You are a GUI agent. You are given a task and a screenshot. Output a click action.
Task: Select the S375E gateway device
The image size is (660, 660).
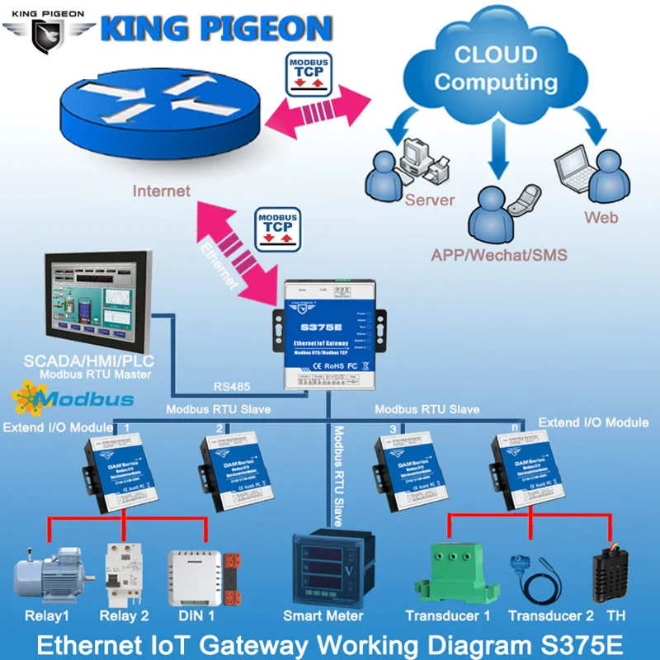pyautogui.click(x=330, y=334)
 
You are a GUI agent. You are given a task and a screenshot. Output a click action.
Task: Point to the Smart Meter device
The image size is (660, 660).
pyautogui.click(x=331, y=568)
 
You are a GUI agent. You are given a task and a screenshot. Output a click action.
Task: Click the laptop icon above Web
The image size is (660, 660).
pyautogui.click(x=573, y=168)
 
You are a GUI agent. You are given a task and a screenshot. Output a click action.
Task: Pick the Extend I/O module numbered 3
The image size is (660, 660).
pyautogui.click(x=404, y=470)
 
